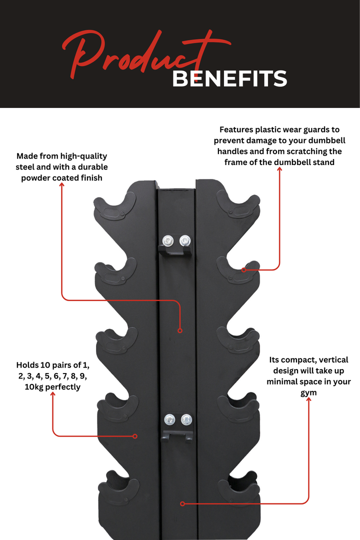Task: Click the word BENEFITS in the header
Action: [x=229, y=79]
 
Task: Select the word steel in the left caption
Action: [x=27, y=167]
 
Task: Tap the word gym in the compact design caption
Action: [x=308, y=392]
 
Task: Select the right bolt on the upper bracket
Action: [x=185, y=240]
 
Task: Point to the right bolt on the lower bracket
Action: [x=186, y=419]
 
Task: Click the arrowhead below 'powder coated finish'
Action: [x=62, y=185]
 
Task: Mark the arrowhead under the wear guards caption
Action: [x=279, y=170]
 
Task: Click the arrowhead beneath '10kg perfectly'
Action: [x=52, y=395]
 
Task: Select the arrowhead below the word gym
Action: [x=308, y=400]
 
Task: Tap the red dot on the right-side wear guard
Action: [x=244, y=270]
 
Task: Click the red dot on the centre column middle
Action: [x=180, y=330]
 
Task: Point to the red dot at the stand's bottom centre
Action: [x=182, y=503]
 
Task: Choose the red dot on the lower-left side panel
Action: [x=135, y=436]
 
